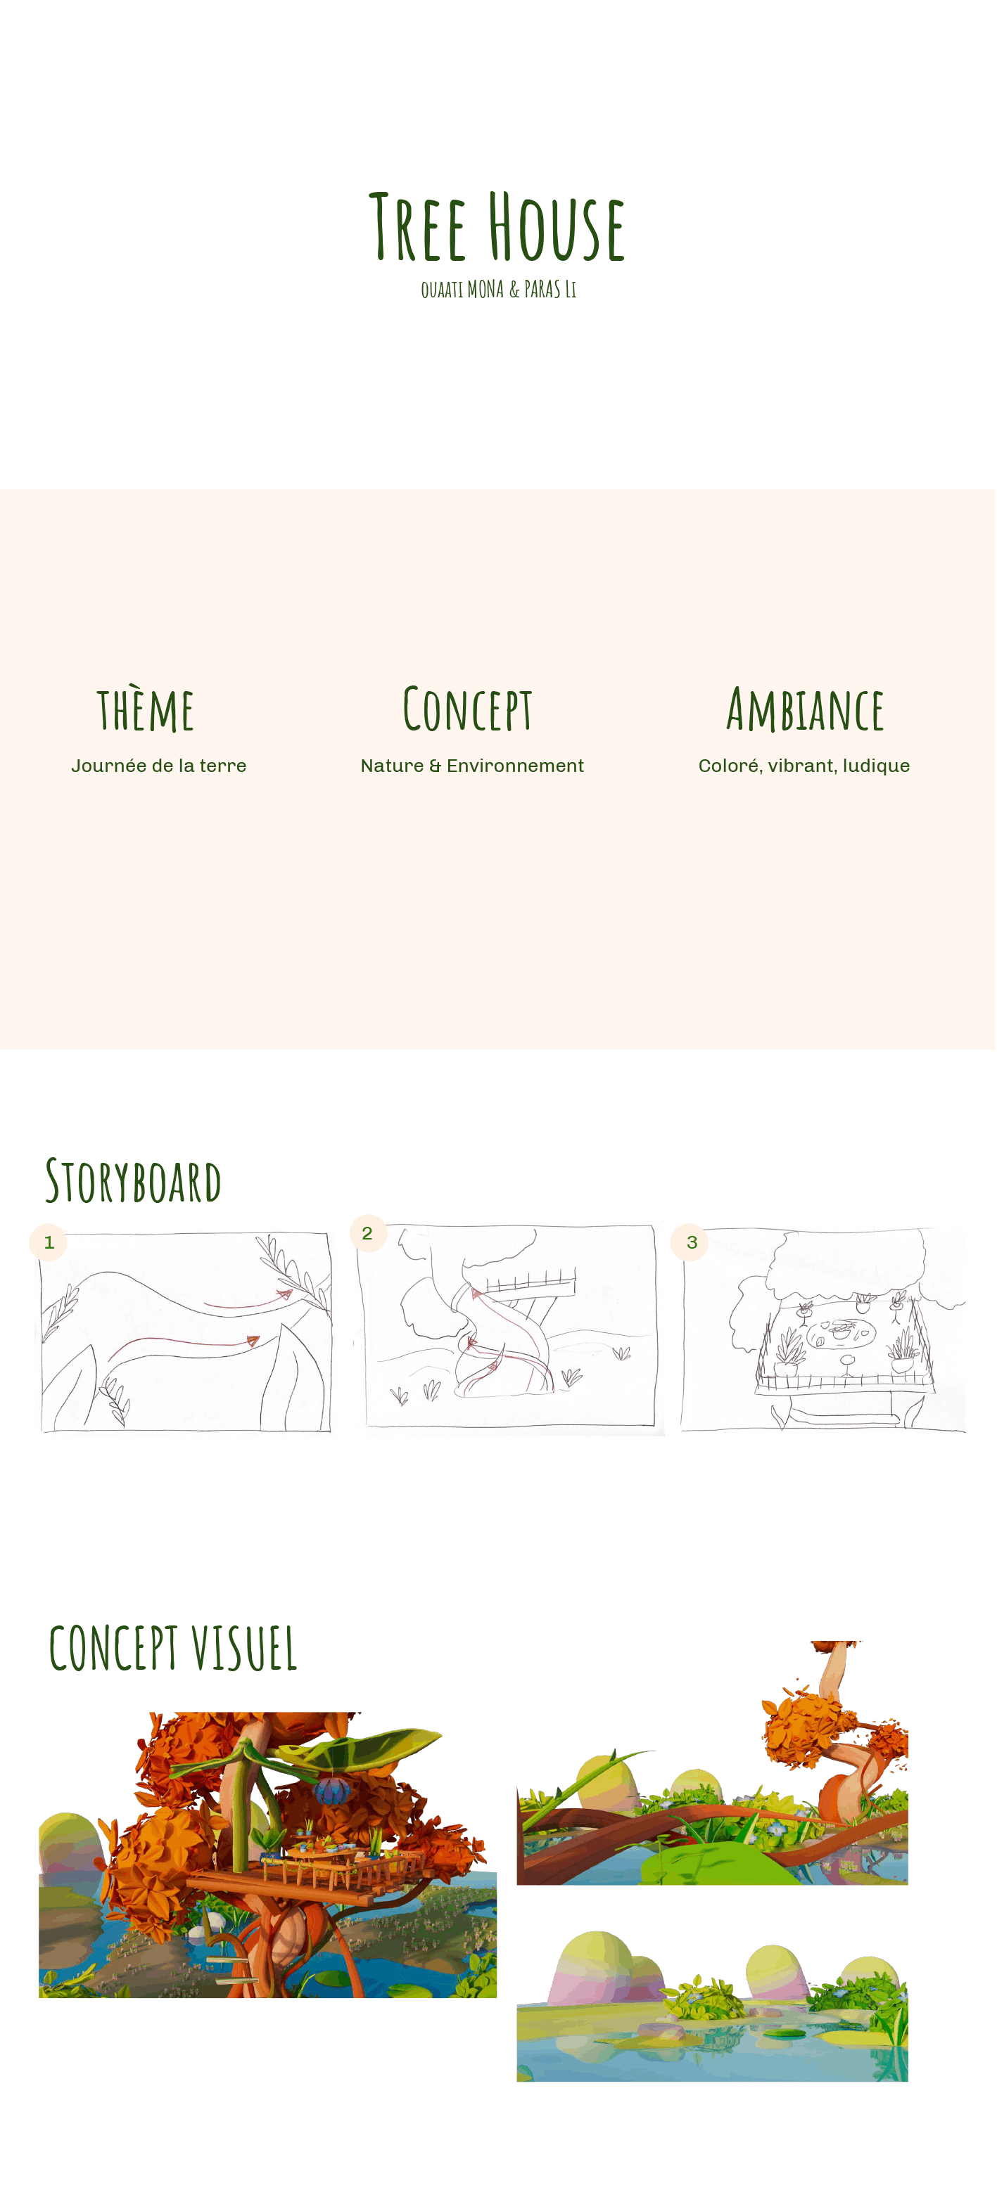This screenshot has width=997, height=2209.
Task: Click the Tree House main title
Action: (497, 227)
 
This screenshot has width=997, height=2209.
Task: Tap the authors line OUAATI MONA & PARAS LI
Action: (497, 290)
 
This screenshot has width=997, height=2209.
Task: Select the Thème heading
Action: (145, 710)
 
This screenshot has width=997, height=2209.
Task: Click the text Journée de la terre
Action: (159, 766)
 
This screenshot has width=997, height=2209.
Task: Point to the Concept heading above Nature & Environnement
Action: (468, 710)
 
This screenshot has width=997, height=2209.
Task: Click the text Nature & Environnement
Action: (472, 766)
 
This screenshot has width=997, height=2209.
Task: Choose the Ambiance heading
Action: (804, 710)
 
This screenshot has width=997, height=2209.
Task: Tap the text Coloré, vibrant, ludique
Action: (804, 766)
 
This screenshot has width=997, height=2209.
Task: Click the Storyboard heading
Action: (133, 1182)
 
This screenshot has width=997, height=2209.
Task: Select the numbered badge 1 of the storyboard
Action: (49, 1242)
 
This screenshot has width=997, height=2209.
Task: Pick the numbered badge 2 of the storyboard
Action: (367, 1233)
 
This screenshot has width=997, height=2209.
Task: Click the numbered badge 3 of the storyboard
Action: (692, 1242)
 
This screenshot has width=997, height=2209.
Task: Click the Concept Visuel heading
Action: (172, 1648)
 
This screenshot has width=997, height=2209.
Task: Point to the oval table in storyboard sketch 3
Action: (840, 1334)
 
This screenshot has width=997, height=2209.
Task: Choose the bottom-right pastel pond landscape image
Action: (712, 2005)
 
